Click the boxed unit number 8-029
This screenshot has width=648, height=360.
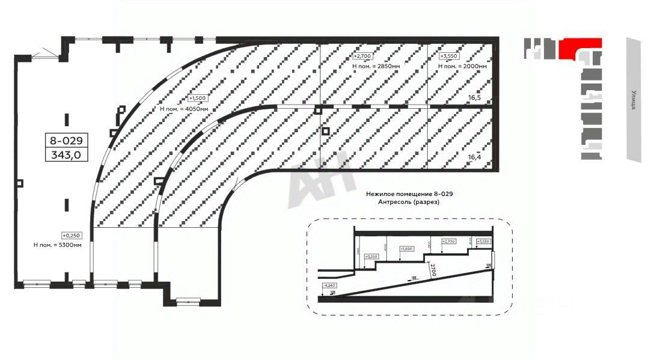67,141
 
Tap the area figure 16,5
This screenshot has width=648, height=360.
475,97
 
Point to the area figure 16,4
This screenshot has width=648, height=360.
475,157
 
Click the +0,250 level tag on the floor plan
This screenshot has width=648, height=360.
71,235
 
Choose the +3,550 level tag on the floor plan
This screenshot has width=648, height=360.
448,56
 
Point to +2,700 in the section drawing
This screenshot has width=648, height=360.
448,241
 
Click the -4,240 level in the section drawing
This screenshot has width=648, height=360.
329,285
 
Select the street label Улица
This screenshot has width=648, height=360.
634,99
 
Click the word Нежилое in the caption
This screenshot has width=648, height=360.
382,194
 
